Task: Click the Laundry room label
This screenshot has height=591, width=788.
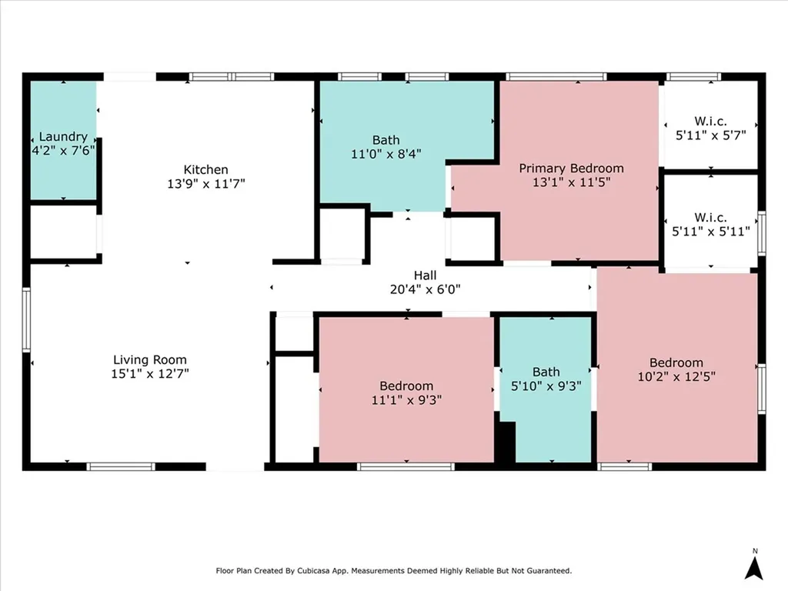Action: [63, 137]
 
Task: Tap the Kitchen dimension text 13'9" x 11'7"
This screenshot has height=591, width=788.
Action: [206, 183]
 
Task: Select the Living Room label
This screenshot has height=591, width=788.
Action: [150, 360]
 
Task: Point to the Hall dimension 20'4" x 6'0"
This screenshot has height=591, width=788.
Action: [425, 289]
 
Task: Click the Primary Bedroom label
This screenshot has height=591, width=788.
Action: [572, 169]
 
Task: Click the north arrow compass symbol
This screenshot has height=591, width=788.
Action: [754, 569]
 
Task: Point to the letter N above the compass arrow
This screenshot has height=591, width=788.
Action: [755, 551]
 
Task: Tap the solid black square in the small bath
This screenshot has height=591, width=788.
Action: [506, 442]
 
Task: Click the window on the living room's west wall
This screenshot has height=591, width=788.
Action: [26, 319]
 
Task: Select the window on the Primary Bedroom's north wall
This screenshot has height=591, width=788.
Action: [556, 77]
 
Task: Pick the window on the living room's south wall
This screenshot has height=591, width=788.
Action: [121, 467]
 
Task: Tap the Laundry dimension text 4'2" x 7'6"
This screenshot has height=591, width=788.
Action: [63, 150]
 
